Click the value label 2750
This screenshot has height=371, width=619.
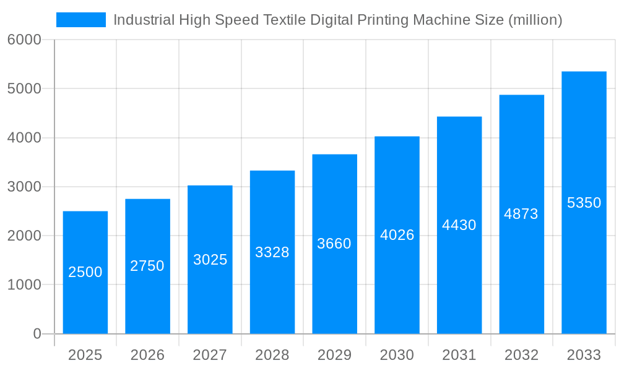click(x=147, y=266)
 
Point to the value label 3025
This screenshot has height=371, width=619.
click(x=210, y=260)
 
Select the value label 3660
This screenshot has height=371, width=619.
click(x=334, y=244)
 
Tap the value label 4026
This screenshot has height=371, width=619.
click(x=397, y=235)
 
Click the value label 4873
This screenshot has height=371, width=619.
click(x=521, y=214)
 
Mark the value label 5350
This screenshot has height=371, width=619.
click(x=584, y=203)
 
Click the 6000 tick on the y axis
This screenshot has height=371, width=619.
click(x=24, y=40)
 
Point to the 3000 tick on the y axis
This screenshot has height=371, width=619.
click(x=24, y=187)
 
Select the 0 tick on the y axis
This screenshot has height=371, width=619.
click(x=37, y=334)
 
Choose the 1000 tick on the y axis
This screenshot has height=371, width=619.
click(x=24, y=285)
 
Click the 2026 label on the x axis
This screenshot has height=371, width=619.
click(x=147, y=355)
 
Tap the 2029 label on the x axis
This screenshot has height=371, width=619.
click(x=334, y=355)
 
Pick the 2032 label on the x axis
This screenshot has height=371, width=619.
click(x=521, y=355)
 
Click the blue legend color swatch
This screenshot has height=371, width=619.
click(x=81, y=20)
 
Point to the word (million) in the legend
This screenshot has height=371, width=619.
click(x=535, y=20)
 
